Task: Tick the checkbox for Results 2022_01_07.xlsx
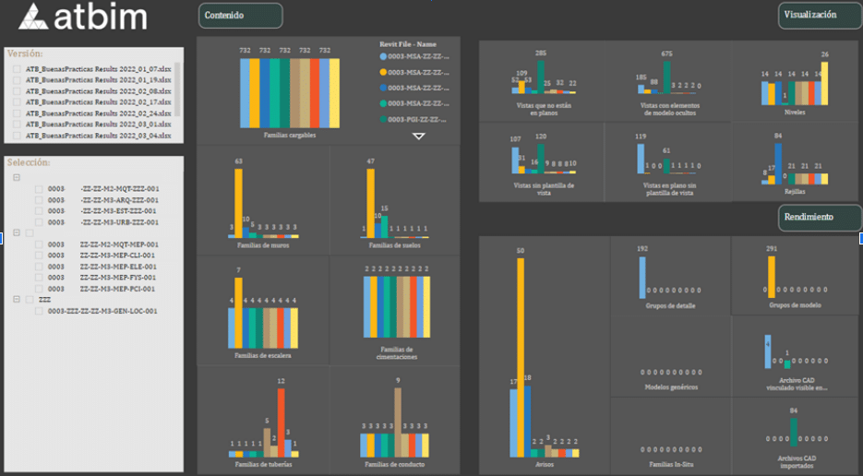18,69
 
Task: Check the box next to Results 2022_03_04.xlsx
18,136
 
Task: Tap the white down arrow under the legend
419,137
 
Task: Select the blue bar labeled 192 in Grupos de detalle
642,277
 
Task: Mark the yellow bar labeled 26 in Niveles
824,83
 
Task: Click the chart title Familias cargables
290,136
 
